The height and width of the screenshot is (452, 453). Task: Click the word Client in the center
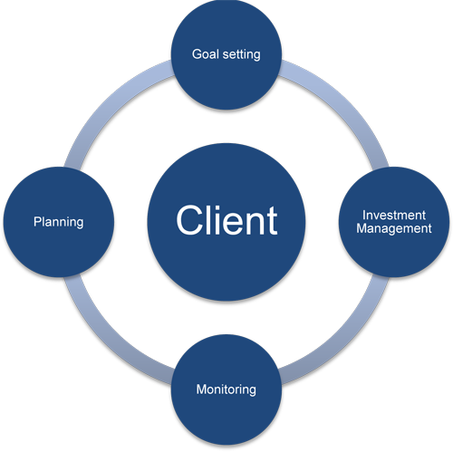tap(226, 221)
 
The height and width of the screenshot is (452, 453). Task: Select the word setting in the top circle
tap(241, 55)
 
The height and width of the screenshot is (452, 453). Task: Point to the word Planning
tap(58, 221)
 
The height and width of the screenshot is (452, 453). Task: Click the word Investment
tap(393, 216)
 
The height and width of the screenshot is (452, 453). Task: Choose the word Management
tap(393, 228)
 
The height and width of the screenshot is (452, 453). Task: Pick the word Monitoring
tap(226, 390)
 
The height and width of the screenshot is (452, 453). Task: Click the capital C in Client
tap(188, 221)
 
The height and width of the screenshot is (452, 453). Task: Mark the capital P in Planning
tap(37, 221)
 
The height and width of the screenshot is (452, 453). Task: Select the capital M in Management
tap(361, 228)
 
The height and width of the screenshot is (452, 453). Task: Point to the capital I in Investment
tap(363, 216)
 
